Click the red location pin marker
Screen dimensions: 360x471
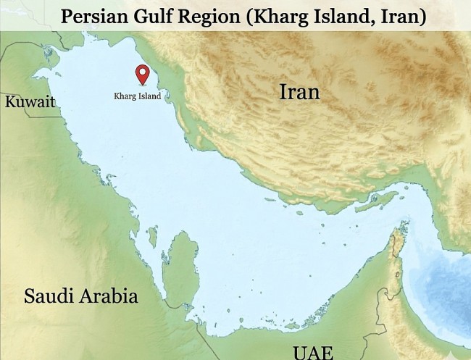pos(143,75)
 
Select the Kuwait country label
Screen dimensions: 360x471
pos(30,101)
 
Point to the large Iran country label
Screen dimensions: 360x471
pos(299,92)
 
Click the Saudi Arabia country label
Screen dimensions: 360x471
pos(80,296)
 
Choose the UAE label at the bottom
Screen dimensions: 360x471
pos(313,352)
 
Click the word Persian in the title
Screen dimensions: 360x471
pos(95,17)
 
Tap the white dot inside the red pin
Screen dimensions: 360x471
pos(143,72)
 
